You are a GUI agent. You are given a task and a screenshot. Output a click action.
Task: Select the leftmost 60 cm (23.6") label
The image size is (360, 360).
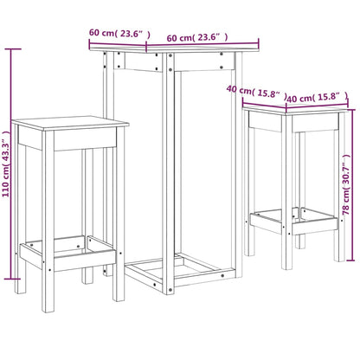(x=119, y=35)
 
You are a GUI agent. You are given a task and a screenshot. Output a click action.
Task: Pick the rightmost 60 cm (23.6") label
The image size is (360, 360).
(x=197, y=37)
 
